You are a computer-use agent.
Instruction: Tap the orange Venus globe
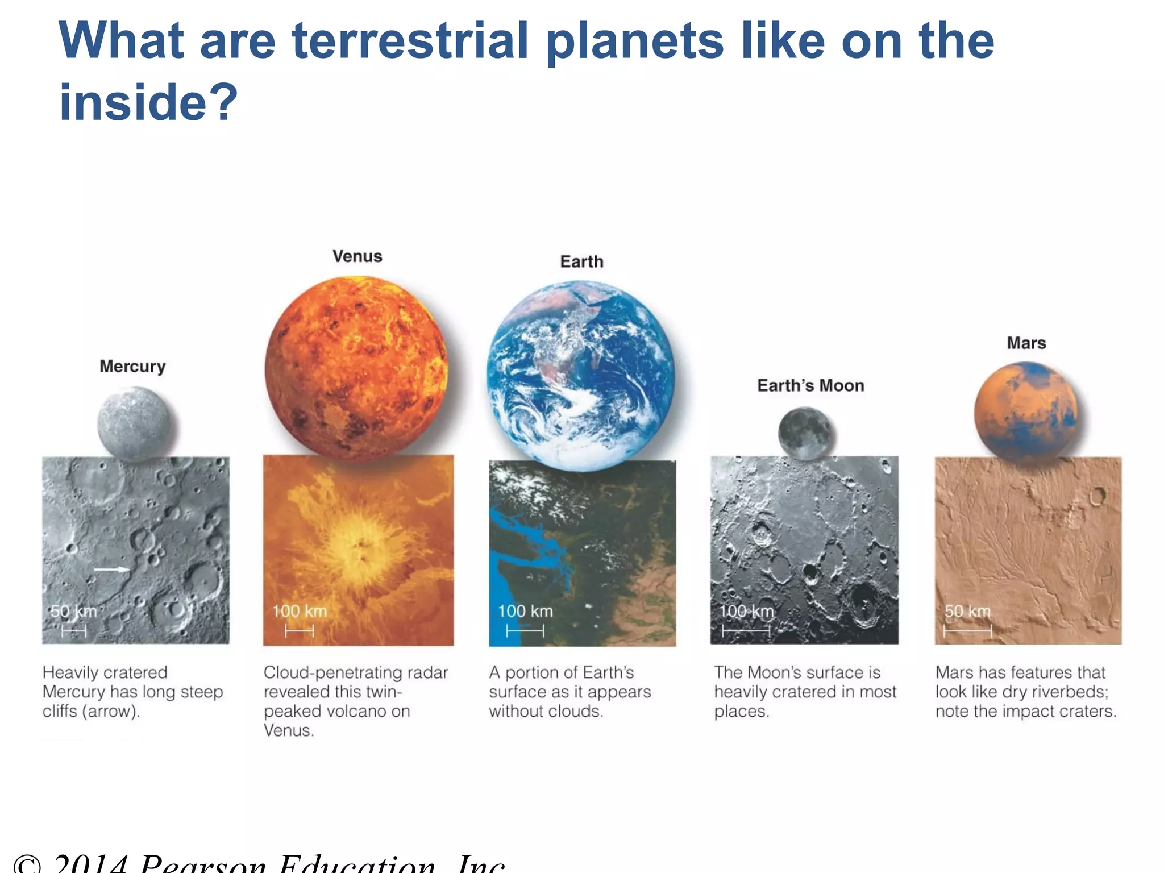tap(356, 367)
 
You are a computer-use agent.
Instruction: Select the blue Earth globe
tap(581, 375)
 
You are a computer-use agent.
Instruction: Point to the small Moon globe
tap(807, 433)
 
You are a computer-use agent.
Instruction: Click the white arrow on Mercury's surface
tap(111, 569)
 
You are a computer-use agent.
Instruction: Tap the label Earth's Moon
tap(810, 385)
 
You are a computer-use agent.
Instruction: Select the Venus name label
tap(357, 256)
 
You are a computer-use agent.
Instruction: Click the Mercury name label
tap(132, 366)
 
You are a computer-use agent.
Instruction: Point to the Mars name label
tap(1026, 343)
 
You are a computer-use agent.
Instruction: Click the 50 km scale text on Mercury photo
tap(73, 612)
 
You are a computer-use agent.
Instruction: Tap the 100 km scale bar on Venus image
tap(299, 631)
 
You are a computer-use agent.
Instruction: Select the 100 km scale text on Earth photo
tap(525, 611)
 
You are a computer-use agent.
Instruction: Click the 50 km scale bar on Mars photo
tap(967, 631)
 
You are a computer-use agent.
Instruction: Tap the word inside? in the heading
tap(148, 102)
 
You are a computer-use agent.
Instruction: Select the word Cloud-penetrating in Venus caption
tap(330, 672)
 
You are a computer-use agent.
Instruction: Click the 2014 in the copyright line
tap(91, 864)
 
